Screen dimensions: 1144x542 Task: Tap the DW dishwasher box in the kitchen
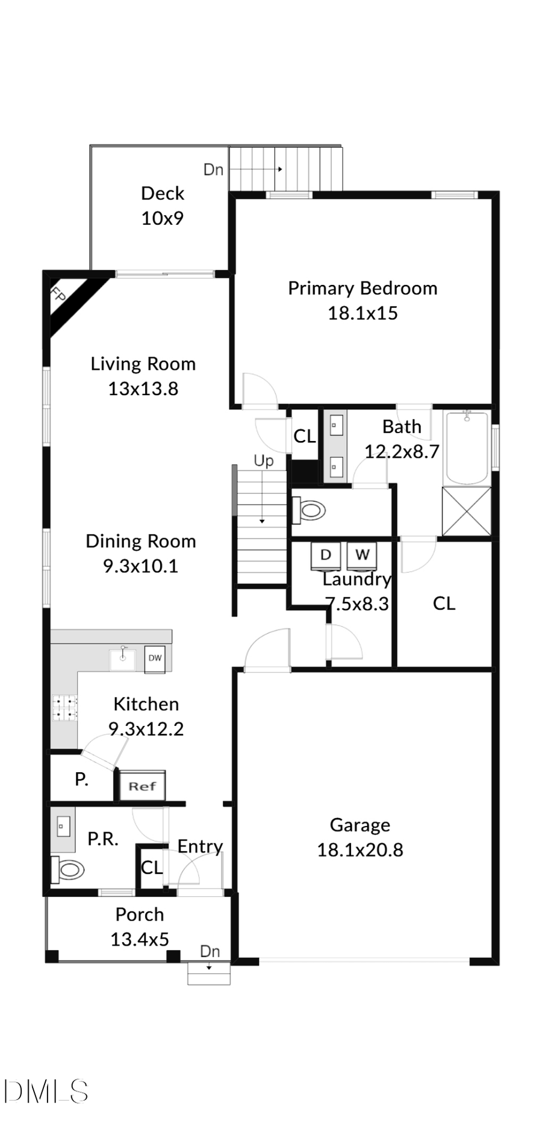click(x=155, y=657)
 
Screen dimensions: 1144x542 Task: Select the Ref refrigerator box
click(x=142, y=786)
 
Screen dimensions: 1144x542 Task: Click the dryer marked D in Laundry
click(x=325, y=555)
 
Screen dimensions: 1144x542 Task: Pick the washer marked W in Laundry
click(x=362, y=555)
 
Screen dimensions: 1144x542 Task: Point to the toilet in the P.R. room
click(x=68, y=869)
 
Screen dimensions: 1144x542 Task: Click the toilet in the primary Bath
click(x=310, y=510)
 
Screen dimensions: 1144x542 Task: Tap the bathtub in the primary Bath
click(x=466, y=447)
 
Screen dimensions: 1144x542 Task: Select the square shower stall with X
click(x=466, y=511)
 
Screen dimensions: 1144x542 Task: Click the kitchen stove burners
click(x=64, y=708)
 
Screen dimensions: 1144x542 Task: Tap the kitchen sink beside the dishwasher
click(x=122, y=658)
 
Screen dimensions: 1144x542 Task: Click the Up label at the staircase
click(x=263, y=461)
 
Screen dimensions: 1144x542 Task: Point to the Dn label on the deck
click(x=213, y=170)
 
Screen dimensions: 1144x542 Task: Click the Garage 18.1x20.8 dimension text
click(x=360, y=849)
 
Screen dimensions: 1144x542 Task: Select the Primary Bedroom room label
click(x=362, y=288)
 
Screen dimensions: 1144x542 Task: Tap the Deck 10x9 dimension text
click(x=162, y=218)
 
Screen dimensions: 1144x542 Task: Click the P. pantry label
click(x=81, y=779)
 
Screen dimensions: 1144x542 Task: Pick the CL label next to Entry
click(x=151, y=867)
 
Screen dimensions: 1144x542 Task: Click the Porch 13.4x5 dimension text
click(x=139, y=939)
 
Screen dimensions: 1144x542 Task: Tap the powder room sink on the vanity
click(x=63, y=826)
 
